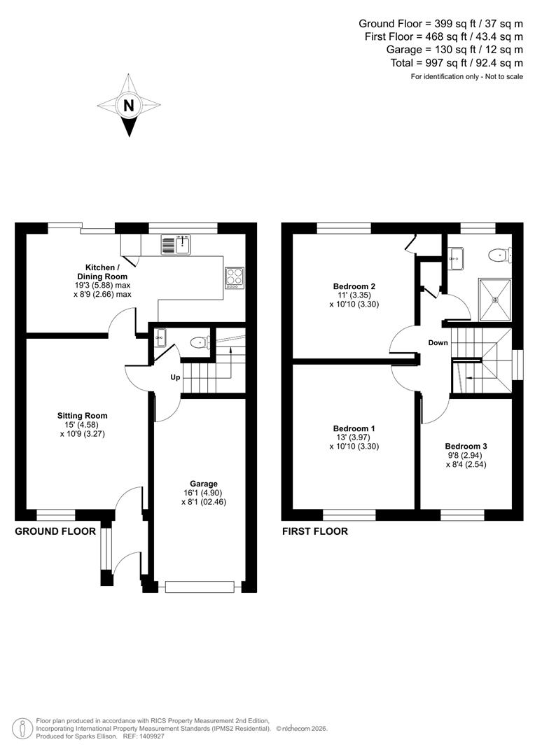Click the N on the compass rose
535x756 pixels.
pos(128,106)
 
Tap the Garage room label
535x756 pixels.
pos(204,484)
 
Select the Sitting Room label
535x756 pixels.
pos(83,416)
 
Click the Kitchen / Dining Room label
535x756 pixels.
pos(102,272)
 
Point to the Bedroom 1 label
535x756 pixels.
pos(354,428)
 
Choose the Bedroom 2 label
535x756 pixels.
pos(354,286)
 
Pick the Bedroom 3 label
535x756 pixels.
pos(466,446)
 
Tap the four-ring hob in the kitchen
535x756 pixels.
pos(234,278)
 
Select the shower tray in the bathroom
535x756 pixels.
pos(496,300)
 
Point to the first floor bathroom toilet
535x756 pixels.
pos(499,255)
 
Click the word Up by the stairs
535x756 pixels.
pos(175,377)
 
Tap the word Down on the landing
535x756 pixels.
pos(438,343)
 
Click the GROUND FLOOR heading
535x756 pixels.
pos(55,531)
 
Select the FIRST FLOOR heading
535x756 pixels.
pos(315,531)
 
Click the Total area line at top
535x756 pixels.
pos(457,63)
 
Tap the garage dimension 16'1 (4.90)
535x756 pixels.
pos(204,493)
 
